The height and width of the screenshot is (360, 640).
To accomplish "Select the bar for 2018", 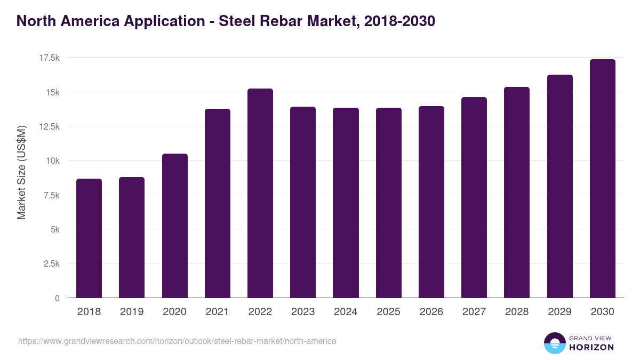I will (x=89, y=238).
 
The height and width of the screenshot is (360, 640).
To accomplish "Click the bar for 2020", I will (x=174, y=226).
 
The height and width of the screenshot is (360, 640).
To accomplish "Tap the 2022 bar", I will (x=260, y=193).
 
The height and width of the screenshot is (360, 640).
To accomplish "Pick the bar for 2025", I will (x=388, y=203).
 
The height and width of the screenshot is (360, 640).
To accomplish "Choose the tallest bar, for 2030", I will (x=602, y=179).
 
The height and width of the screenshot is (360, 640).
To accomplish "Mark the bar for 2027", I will (x=474, y=197).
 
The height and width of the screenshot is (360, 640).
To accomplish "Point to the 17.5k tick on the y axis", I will (x=48, y=58).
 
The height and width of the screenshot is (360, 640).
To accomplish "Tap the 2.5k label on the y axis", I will (x=50, y=263).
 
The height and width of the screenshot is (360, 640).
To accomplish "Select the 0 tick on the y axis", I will (x=57, y=298).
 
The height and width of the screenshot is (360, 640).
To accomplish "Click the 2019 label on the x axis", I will (x=132, y=312).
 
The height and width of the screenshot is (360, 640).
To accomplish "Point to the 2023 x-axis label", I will (x=303, y=312).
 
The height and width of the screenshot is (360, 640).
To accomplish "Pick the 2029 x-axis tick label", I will (x=559, y=312).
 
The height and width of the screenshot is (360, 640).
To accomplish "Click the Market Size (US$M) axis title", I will (x=21, y=172).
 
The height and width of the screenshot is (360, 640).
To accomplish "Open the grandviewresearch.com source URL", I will (x=177, y=341).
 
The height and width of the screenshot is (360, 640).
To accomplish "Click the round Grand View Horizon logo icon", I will (x=554, y=343).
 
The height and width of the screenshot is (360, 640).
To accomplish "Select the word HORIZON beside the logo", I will (x=591, y=347).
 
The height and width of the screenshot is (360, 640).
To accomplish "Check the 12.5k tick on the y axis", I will (x=48, y=126).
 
